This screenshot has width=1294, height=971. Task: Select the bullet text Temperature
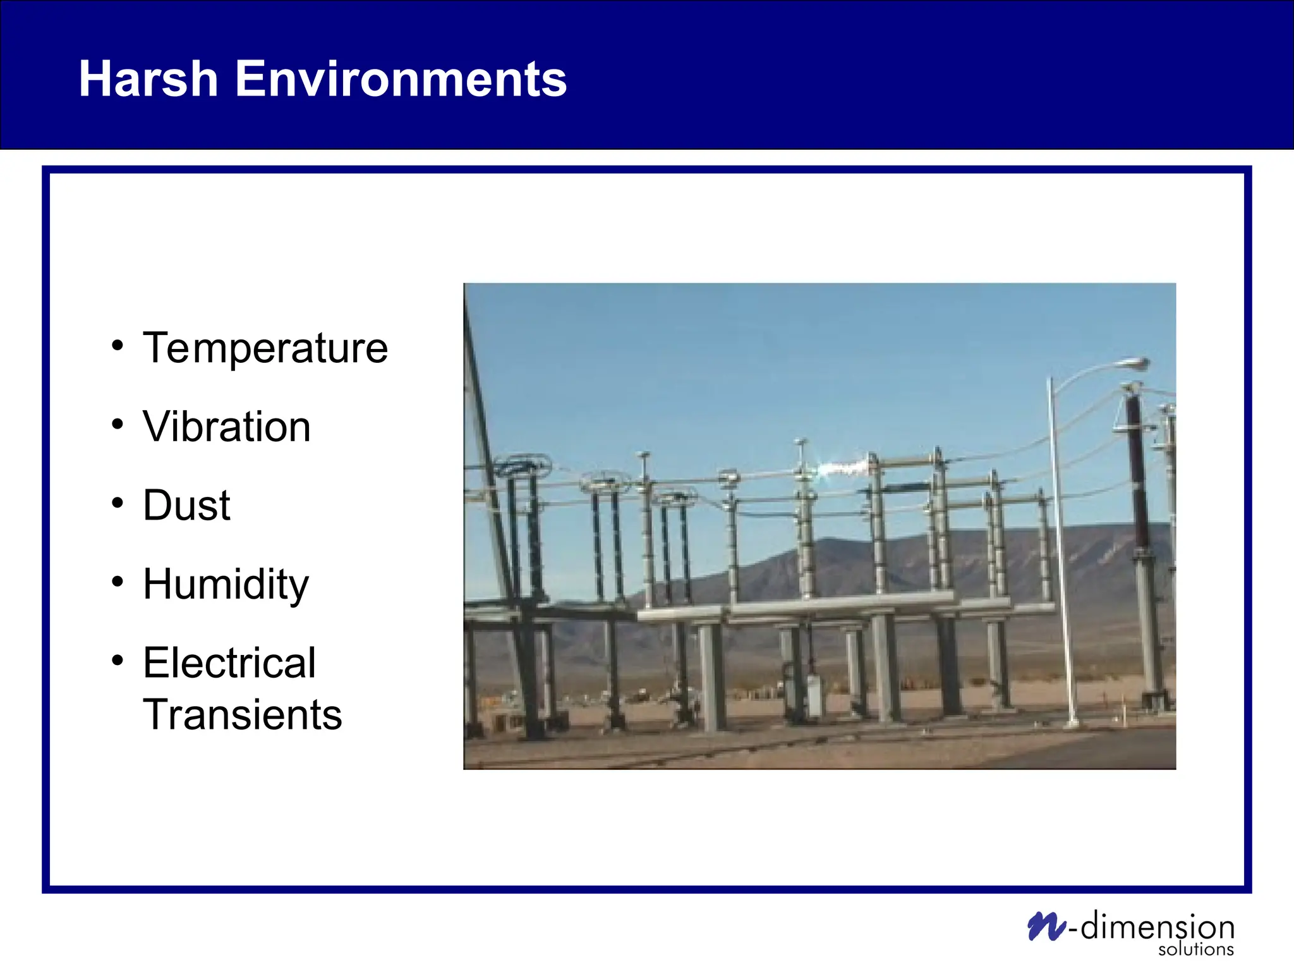tap(265, 348)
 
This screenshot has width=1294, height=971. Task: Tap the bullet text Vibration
tap(226, 427)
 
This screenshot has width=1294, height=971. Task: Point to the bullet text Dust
tap(186, 506)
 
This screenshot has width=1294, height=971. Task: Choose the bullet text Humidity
tap(226, 584)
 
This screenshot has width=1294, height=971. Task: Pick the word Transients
tap(242, 715)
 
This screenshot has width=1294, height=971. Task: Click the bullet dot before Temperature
tap(118, 346)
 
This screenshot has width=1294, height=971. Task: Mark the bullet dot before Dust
tap(118, 503)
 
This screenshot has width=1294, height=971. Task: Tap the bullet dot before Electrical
tap(118, 660)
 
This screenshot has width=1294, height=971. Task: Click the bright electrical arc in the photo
tap(844, 468)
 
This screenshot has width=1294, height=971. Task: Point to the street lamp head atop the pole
tap(1134, 364)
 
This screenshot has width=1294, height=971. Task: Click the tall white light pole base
tap(1071, 721)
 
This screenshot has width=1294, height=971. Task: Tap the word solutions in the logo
tap(1195, 950)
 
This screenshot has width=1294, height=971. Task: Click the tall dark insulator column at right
tap(1139, 480)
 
